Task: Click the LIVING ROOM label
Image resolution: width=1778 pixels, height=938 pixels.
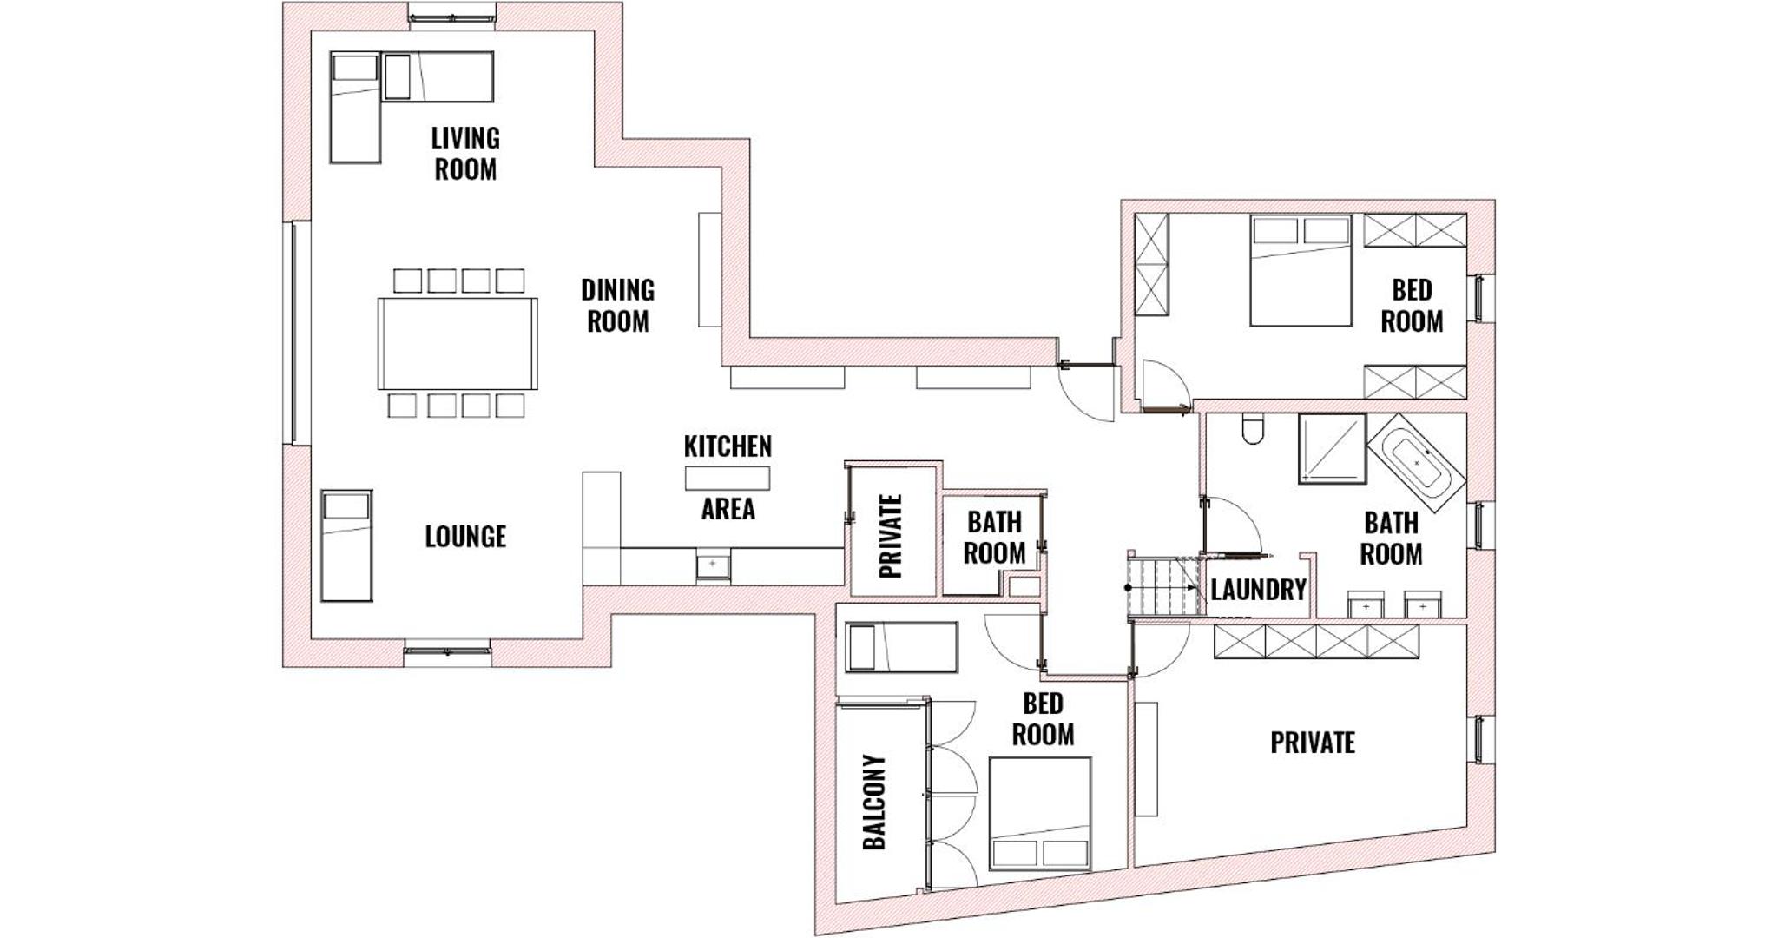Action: click(465, 154)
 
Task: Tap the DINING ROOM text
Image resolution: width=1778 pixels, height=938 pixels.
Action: click(617, 306)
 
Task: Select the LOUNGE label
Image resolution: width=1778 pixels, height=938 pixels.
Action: click(465, 537)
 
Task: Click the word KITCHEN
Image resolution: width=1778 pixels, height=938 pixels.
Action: click(728, 446)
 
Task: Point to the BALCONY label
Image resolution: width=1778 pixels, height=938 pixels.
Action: click(874, 802)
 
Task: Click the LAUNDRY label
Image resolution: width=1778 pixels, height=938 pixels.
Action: click(1258, 591)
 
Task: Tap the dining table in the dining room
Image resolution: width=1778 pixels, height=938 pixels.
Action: click(458, 343)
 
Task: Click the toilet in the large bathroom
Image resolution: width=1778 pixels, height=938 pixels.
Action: click(1252, 429)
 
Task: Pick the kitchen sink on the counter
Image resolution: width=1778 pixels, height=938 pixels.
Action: click(712, 565)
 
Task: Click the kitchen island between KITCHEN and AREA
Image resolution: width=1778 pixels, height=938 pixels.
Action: click(728, 479)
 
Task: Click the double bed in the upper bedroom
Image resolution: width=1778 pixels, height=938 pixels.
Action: click(1301, 271)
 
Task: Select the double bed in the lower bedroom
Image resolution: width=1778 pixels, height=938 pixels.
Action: click(1040, 814)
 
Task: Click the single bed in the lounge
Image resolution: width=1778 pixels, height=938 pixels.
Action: click(347, 545)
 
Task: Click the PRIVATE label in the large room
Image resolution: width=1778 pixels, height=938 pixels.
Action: click(1313, 743)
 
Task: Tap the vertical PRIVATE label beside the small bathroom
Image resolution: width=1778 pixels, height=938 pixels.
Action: click(892, 537)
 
